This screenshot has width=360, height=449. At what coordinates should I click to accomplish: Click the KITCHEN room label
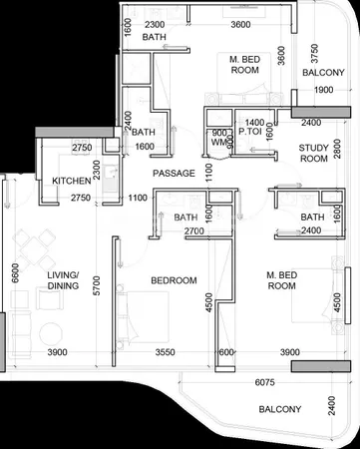[72, 181]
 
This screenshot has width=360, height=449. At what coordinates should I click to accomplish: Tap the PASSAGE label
[174, 174]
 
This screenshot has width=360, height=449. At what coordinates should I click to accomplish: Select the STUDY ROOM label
[313, 153]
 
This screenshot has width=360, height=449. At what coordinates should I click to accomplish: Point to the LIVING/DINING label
[63, 280]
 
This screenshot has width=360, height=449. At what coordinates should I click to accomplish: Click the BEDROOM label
[174, 280]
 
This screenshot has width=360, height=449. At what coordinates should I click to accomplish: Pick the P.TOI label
[250, 132]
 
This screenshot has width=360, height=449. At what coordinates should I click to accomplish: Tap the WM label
[218, 143]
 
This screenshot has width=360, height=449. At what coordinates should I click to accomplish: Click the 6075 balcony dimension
[264, 382]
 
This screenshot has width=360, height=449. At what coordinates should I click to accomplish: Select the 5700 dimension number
[97, 285]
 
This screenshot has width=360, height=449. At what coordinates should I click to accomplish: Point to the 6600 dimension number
[15, 273]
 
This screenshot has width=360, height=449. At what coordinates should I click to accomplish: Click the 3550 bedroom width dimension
[166, 352]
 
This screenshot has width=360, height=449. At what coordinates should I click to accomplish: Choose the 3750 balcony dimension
[314, 54]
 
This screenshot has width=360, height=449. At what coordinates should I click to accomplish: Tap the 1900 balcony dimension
[324, 90]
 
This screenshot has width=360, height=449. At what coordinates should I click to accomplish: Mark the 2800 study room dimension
[338, 149]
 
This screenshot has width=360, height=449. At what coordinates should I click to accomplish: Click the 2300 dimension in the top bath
[155, 25]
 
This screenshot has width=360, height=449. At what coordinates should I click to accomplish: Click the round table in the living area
[51, 334]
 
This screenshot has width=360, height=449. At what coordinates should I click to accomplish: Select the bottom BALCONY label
[280, 409]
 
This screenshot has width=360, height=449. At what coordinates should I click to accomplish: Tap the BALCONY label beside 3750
[323, 73]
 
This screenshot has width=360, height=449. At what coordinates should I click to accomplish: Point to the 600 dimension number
[226, 352]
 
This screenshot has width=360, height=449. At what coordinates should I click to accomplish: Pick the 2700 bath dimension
[194, 230]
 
